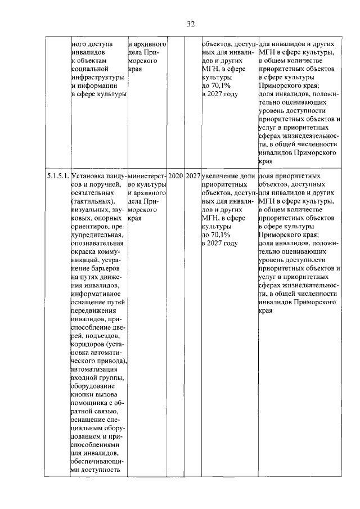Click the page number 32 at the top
[x=191, y=24]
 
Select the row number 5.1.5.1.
[x=58, y=177]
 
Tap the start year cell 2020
[x=175, y=177]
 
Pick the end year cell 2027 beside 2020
[x=193, y=177]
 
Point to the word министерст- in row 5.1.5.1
[x=147, y=177]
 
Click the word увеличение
[x=220, y=177]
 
